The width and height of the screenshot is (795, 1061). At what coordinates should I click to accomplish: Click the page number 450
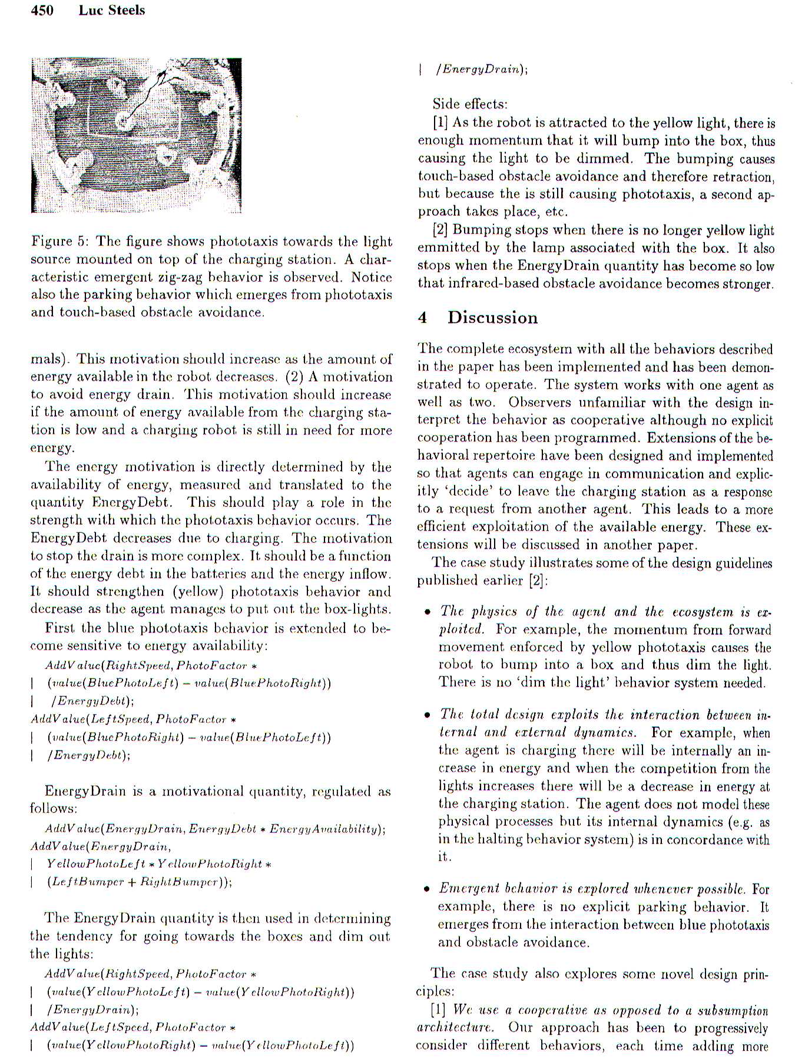point(42,10)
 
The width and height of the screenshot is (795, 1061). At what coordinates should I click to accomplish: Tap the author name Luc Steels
point(111,10)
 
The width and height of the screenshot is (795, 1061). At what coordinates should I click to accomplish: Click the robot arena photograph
point(136,135)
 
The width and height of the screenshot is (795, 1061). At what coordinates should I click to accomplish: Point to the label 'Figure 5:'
point(61,241)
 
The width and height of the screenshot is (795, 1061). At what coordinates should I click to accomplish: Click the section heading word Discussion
point(492,318)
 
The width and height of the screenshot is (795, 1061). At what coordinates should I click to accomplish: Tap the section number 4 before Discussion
point(422,318)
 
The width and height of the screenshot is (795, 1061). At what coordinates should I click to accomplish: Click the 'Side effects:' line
point(469,104)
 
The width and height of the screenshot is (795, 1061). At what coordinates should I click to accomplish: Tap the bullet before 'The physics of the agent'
point(427,612)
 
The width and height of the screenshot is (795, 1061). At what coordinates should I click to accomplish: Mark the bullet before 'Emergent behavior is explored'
point(427,889)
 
